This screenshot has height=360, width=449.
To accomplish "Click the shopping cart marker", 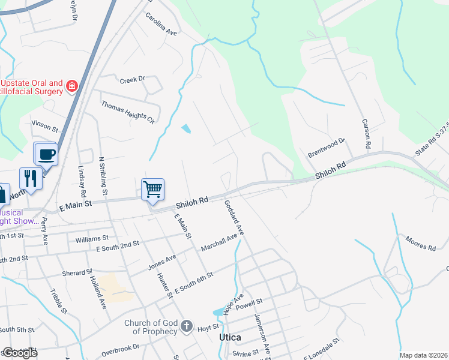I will [153, 189].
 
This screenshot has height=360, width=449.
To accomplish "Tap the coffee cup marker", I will [46, 154].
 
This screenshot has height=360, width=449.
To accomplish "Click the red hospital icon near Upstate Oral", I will [73, 86].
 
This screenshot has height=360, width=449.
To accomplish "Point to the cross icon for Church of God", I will [187, 327].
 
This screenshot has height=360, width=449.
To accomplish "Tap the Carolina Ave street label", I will [162, 24].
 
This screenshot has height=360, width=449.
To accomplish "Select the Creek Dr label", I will [133, 79].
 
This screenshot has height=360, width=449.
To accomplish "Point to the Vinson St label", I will [45, 126].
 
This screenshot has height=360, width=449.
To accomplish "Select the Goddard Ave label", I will [234, 217].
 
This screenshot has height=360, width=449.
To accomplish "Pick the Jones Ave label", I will [162, 262].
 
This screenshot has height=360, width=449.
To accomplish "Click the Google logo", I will [19, 352].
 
